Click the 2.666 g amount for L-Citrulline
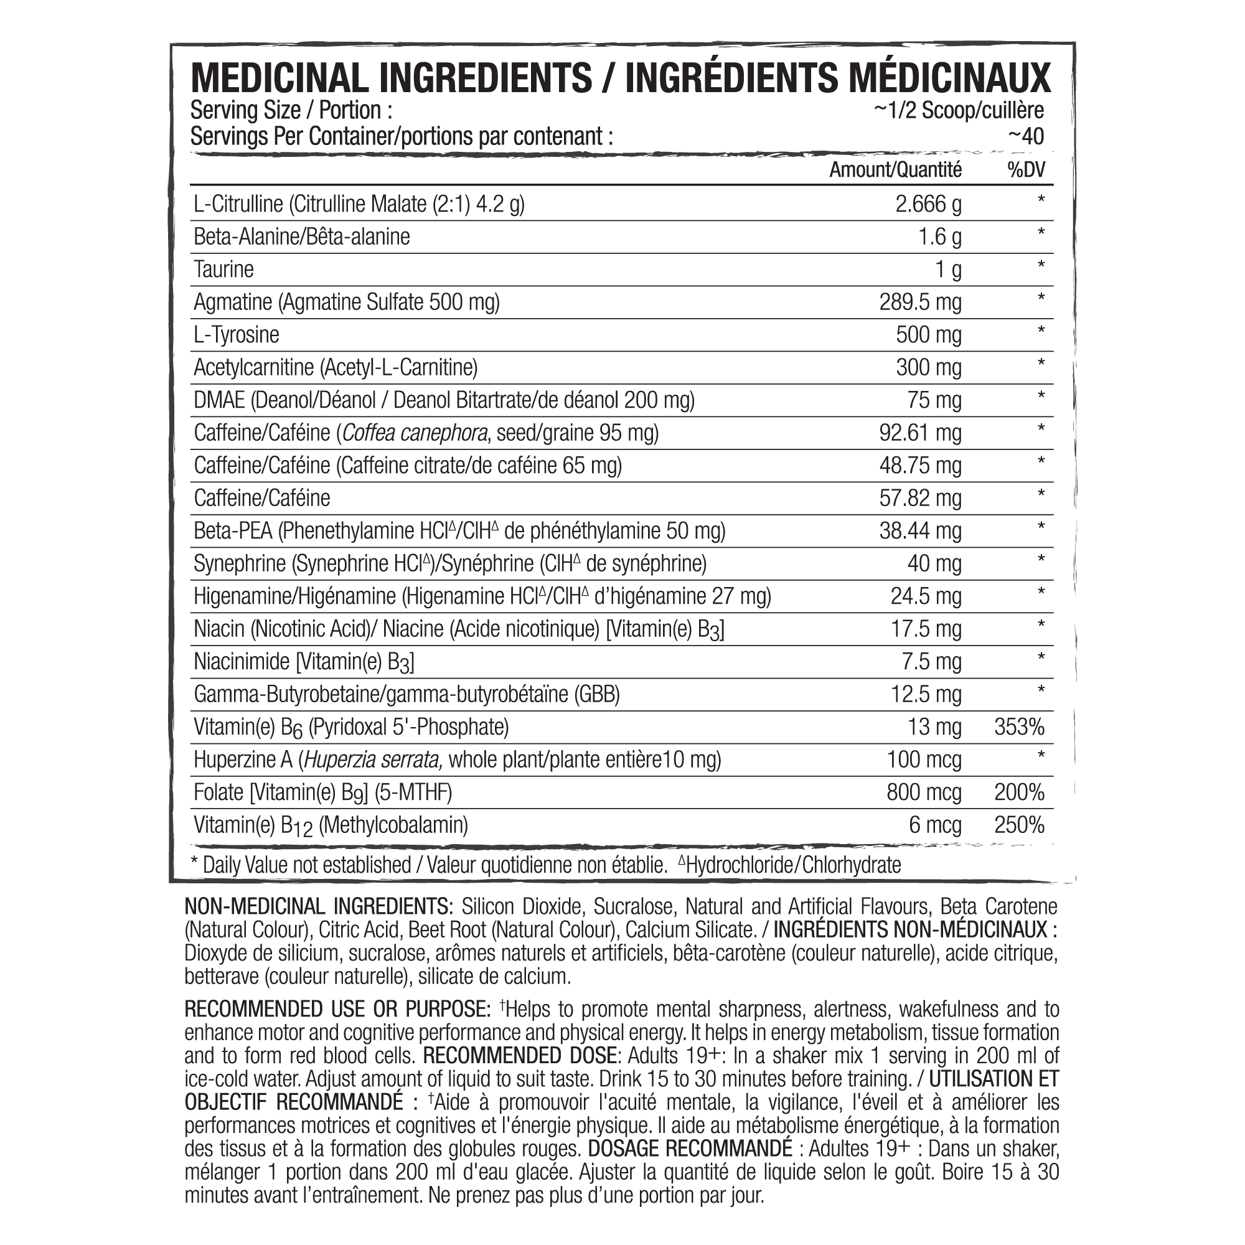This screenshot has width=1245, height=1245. [928, 204]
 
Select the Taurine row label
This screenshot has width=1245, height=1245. [223, 270]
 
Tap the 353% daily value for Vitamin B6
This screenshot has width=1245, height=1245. [1019, 727]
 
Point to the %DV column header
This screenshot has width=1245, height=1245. [1026, 170]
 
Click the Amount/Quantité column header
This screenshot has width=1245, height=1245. [895, 170]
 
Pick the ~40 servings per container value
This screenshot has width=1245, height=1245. [1025, 136]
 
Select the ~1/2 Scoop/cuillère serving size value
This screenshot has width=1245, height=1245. [958, 110]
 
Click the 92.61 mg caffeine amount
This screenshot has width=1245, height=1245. [920, 433]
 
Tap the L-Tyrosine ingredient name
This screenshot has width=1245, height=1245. [237, 335]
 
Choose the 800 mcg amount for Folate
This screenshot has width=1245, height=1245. [923, 792]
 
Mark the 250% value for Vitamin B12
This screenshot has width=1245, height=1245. [1019, 825]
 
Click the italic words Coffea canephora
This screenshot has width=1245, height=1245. [415, 433]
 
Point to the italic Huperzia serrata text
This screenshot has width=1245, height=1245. [372, 759]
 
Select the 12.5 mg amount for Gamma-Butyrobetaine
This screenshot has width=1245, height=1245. [926, 695]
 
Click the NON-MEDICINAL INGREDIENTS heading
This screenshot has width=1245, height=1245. [318, 907]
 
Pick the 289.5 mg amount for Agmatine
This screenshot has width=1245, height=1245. [920, 303]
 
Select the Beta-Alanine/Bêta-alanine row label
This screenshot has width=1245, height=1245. [301, 237]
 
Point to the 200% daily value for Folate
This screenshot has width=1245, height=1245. [1019, 792]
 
